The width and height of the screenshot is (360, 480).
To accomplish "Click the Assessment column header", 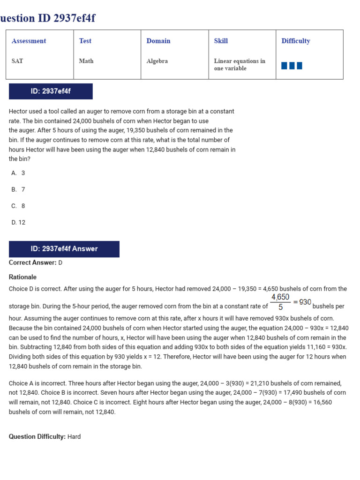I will click(29, 41).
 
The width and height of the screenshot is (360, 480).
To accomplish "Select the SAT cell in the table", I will click(17, 61).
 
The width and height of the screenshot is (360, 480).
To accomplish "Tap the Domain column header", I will click(158, 41).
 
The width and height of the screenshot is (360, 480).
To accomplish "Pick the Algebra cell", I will click(157, 61).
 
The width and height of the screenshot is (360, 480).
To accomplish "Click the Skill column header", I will click(221, 41).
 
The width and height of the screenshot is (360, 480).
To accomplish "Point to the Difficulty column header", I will click(296, 41).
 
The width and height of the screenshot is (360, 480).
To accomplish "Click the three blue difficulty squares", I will click(292, 66).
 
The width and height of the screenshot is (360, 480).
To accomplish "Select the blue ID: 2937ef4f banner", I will click(51, 91).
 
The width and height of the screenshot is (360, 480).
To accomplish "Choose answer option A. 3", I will click(18, 173).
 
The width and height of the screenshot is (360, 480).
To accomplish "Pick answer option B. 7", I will click(18, 189).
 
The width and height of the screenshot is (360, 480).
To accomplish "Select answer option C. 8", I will click(18, 206).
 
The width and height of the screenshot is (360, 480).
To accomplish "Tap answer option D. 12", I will click(19, 223).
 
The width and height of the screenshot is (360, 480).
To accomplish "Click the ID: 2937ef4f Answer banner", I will click(64, 249).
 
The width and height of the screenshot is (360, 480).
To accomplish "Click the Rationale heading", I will click(22, 277).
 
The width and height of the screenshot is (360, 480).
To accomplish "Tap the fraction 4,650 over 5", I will click(280, 302).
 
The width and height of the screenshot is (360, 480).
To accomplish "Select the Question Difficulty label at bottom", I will click(37, 437).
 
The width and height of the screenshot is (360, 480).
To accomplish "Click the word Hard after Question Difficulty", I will click(74, 437).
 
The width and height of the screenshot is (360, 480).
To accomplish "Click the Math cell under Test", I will click(86, 61).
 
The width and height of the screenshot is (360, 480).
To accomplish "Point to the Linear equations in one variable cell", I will click(240, 65).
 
